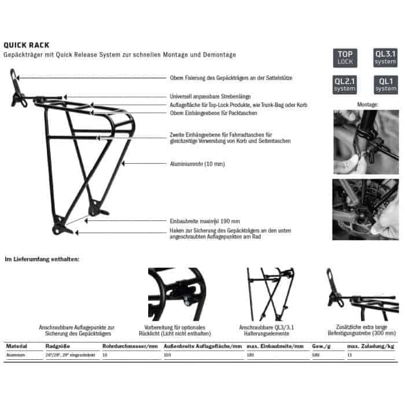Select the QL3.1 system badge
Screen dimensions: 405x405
(x=385, y=58)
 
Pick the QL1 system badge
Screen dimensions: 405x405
(x=385, y=86)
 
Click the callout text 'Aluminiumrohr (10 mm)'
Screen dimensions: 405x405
(x=197, y=164)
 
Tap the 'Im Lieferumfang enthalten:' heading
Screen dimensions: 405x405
(x=42, y=259)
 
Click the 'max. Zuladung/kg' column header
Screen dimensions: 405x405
(x=368, y=345)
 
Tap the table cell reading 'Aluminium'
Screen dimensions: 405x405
(x=16, y=354)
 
